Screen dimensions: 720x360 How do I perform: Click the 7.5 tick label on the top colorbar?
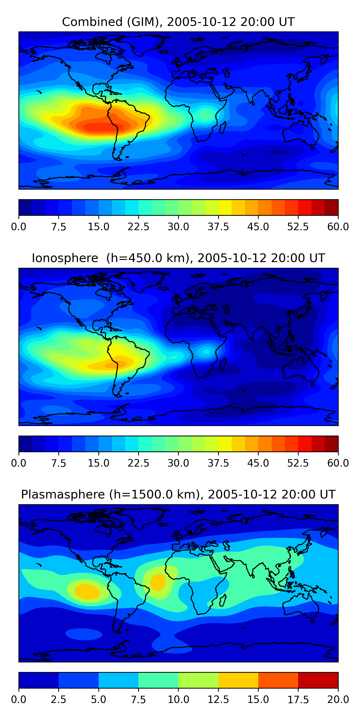[58, 227]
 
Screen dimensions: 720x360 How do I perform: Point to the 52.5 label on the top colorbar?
[298, 227]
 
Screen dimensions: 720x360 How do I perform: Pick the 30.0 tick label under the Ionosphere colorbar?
[178, 463]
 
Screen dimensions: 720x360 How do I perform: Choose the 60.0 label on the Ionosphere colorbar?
[338, 463]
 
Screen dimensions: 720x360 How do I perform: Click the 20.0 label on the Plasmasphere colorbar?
[338, 700]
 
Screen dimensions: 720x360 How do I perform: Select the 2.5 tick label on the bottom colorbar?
[58, 700]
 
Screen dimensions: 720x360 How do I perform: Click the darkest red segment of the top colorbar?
[331, 207]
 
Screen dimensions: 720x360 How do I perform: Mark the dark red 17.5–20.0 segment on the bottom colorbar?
[318, 680]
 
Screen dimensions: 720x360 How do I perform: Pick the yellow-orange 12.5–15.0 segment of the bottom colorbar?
[238, 680]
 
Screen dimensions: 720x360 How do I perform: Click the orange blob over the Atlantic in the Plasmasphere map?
[158, 582]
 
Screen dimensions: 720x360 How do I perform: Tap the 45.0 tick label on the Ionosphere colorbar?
[258, 463]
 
